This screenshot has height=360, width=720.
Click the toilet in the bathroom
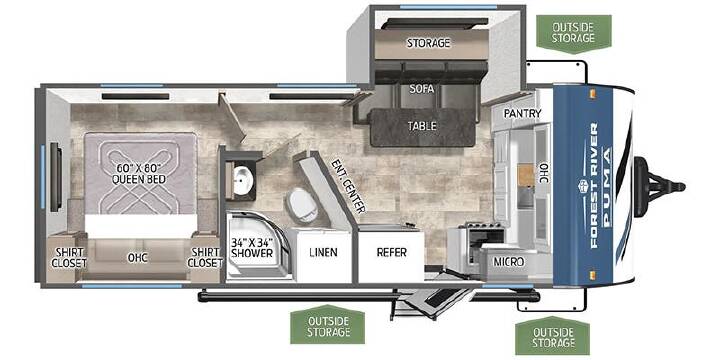coord(302,205)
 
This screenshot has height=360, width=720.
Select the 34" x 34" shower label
coord(252,248)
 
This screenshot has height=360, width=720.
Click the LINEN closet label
coord(323,252)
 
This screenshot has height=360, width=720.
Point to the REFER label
coord(392,252)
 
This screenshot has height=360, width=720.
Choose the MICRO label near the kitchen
coord(509,262)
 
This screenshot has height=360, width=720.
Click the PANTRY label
coord(522,113)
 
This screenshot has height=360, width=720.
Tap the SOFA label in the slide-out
coord(422,89)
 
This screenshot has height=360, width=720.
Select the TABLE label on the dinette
coord(422,125)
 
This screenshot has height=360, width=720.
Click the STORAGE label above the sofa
coord(428,43)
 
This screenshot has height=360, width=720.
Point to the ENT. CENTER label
coord(348,186)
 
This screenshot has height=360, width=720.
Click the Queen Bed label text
coord(140,174)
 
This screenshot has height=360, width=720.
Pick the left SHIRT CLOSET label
coord(69,258)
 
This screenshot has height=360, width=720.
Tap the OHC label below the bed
coord(137,258)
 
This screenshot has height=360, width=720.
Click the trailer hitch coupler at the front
coord(659,187)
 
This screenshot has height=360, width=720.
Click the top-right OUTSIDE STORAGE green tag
coord(574,32)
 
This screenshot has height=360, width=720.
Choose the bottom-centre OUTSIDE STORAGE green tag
coord(327,326)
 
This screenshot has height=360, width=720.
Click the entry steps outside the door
coord(432,301)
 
